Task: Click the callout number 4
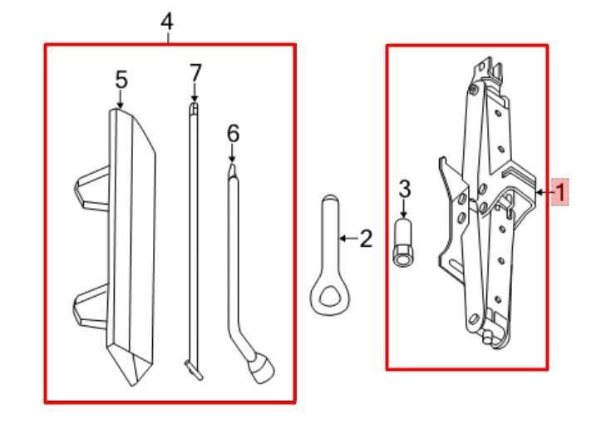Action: point(167,22)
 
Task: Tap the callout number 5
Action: point(121,80)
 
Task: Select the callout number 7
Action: point(195,73)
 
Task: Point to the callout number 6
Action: point(233,134)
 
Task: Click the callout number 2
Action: point(366,239)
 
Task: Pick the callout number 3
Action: point(405,189)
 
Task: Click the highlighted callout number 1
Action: point(561,192)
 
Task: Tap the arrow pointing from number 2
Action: point(349,238)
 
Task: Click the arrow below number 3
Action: point(405,209)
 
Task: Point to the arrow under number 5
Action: point(121,99)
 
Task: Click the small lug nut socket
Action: point(403,242)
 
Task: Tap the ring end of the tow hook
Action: point(330,294)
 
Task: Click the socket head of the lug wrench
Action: point(263,367)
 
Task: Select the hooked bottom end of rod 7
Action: point(193,369)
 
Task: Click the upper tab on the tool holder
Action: point(91,189)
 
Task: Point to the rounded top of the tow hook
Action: point(331,200)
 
